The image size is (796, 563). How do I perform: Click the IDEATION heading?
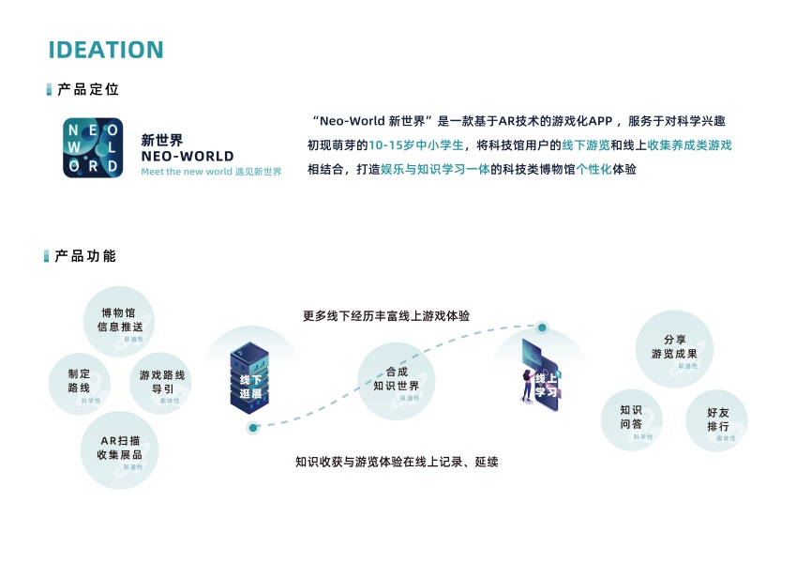click(106, 50)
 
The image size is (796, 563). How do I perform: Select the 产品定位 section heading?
click(87, 89)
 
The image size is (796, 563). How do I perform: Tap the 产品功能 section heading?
click(85, 256)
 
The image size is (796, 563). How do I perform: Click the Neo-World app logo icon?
click(93, 148)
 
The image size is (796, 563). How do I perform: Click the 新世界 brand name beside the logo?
click(162, 140)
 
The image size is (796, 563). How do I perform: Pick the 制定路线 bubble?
click(79, 381)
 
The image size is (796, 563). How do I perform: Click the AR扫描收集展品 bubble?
click(119, 449)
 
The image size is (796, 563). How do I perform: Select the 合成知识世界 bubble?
click(397, 380)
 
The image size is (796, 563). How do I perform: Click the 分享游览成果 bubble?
click(674, 348)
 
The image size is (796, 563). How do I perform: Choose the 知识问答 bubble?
click(631, 418)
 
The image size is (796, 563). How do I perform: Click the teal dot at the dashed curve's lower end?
click(253, 428)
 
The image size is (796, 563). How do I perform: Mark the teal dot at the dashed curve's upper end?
click(542, 327)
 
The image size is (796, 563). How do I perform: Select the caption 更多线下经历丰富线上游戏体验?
click(386, 316)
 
